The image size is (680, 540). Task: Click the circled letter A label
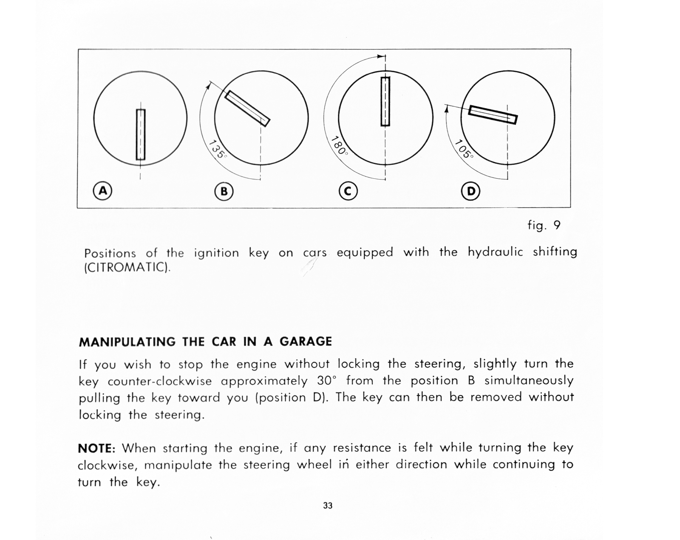tap(103, 191)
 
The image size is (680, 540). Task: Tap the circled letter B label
tap(224, 191)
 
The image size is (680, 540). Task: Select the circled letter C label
tap(348, 191)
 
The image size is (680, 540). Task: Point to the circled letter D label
tap(471, 191)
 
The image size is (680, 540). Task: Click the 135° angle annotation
tap(218, 149)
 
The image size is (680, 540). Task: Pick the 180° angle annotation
tap(340, 146)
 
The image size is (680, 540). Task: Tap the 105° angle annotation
tap(464, 149)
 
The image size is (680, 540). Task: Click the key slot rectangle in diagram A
tap(141, 134)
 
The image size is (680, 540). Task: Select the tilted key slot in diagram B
tap(247, 109)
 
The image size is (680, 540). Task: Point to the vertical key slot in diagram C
tap(385, 101)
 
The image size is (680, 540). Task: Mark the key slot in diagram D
tap(493, 114)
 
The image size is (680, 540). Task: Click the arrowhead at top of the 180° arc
tap(382, 56)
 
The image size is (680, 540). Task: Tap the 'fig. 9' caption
tap(544, 225)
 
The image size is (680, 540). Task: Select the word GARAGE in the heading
tap(306, 341)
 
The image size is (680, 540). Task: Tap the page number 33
tap(328, 506)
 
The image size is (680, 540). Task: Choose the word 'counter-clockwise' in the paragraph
tap(160, 381)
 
